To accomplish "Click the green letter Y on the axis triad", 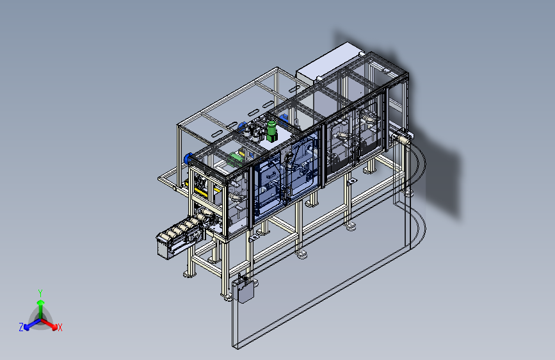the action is [40, 293].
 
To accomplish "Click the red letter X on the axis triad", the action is [60, 327].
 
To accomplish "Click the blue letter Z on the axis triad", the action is [21, 327].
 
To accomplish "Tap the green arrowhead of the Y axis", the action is [41, 303].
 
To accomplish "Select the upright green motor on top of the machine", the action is [271, 131].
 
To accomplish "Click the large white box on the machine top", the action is [327, 64].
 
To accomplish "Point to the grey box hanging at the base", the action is [243, 290].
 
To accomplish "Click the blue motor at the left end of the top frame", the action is [188, 158].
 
